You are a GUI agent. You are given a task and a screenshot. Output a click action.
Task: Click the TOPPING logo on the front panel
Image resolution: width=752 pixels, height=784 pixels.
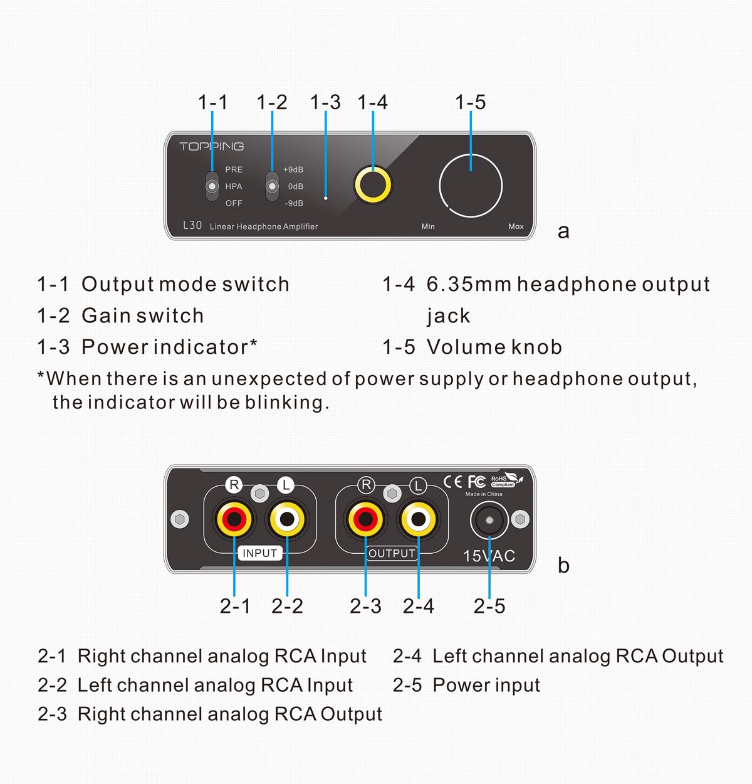point(211,146)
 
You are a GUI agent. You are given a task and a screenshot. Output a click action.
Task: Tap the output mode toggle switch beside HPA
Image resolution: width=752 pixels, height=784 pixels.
point(212,186)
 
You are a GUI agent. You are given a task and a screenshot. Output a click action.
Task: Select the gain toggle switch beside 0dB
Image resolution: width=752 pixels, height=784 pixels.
point(272,186)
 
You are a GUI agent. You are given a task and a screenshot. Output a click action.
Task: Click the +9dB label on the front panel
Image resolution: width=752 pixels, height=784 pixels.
point(293,169)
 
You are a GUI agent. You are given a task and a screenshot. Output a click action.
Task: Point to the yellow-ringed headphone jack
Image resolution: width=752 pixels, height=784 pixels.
point(373,185)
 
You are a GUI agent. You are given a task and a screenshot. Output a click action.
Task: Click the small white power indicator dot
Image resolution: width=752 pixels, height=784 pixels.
point(326,198)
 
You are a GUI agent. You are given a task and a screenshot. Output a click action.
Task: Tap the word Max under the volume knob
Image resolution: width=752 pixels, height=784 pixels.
point(516,226)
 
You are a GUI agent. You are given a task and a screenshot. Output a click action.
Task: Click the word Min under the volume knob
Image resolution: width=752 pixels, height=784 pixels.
point(428,226)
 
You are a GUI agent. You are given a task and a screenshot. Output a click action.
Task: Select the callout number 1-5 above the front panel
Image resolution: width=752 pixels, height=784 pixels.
point(470,102)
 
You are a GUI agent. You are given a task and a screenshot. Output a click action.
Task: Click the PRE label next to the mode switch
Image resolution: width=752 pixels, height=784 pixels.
point(234,169)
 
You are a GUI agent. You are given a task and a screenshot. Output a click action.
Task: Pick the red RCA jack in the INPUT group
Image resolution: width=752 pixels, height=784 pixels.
point(234,519)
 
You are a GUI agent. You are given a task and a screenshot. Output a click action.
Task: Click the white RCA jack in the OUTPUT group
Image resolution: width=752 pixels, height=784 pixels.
point(418,519)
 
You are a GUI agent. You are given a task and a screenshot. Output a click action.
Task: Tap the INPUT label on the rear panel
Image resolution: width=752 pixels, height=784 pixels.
point(259,553)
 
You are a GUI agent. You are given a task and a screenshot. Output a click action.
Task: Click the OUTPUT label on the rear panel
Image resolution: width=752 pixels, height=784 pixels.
point(392,553)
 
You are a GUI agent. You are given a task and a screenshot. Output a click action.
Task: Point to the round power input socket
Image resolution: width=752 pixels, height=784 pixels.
point(489,521)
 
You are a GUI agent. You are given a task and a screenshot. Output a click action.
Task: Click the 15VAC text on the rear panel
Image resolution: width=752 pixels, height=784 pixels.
point(489,556)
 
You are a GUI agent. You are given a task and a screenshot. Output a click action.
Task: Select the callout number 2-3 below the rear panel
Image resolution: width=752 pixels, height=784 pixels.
point(365,606)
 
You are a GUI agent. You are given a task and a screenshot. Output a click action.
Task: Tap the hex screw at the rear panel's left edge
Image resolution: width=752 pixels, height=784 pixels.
point(180,519)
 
